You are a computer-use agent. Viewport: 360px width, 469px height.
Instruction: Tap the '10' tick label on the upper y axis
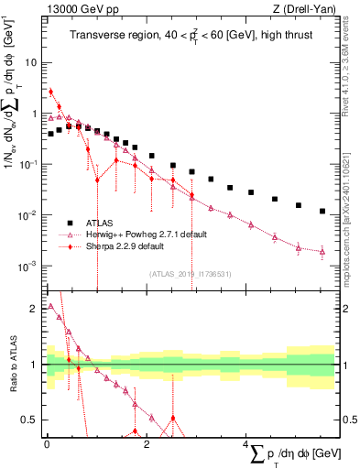[29, 63]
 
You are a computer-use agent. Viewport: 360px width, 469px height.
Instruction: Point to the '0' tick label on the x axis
[46, 443]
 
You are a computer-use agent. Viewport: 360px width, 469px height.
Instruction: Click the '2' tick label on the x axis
[145, 443]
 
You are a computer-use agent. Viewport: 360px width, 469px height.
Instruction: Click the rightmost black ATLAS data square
[322, 211]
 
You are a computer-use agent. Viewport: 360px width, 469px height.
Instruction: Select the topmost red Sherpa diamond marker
[51, 92]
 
